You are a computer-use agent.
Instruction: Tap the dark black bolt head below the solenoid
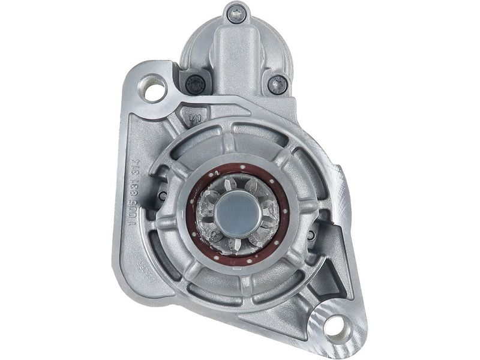coord(195,85)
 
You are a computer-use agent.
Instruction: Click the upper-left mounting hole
coord(155,91)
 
